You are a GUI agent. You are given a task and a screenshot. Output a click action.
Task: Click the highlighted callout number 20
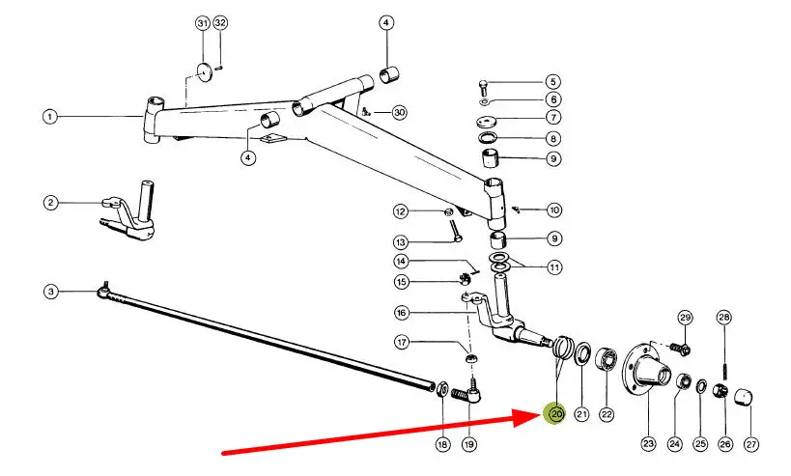pyautogui.click(x=555, y=414)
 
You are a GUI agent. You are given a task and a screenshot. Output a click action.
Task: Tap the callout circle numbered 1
pyautogui.click(x=49, y=117)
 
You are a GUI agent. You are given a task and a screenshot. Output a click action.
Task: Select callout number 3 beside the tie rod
pyautogui.click(x=49, y=291)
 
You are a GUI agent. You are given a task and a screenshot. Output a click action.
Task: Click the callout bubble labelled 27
pyautogui.click(x=751, y=444)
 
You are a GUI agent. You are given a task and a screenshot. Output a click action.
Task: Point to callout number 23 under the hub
pyautogui.click(x=647, y=444)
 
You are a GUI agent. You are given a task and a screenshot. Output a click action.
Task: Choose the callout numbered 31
pyautogui.click(x=202, y=22)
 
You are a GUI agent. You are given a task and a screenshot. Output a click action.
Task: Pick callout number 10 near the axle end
pyautogui.click(x=553, y=210)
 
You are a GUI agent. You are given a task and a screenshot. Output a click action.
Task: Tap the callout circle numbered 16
pyautogui.click(x=402, y=312)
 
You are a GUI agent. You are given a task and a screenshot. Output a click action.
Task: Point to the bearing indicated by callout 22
pyautogui.click(x=607, y=360)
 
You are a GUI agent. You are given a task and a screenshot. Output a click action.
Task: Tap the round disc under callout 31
pyautogui.click(x=205, y=71)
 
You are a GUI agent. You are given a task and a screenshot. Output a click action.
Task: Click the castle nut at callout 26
pyautogui.click(x=720, y=390)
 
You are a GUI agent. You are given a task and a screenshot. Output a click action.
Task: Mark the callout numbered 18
pyautogui.click(x=441, y=444)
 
